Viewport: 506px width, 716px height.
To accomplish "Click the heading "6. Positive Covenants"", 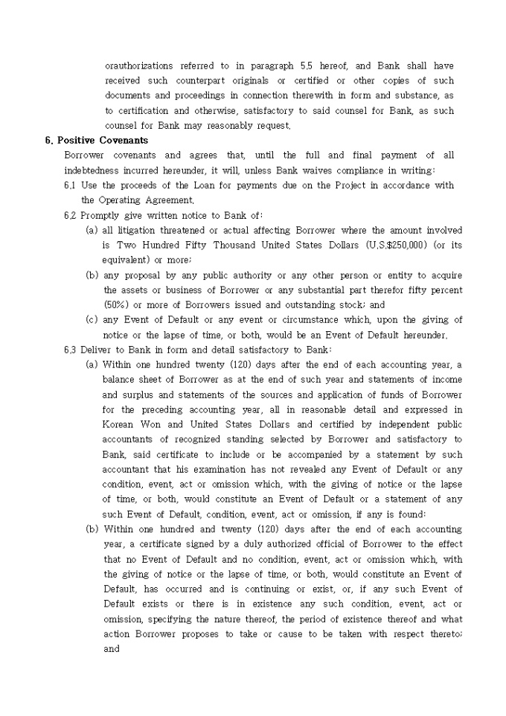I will point(96,140).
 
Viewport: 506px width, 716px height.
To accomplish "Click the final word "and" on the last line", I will point(112,648).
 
